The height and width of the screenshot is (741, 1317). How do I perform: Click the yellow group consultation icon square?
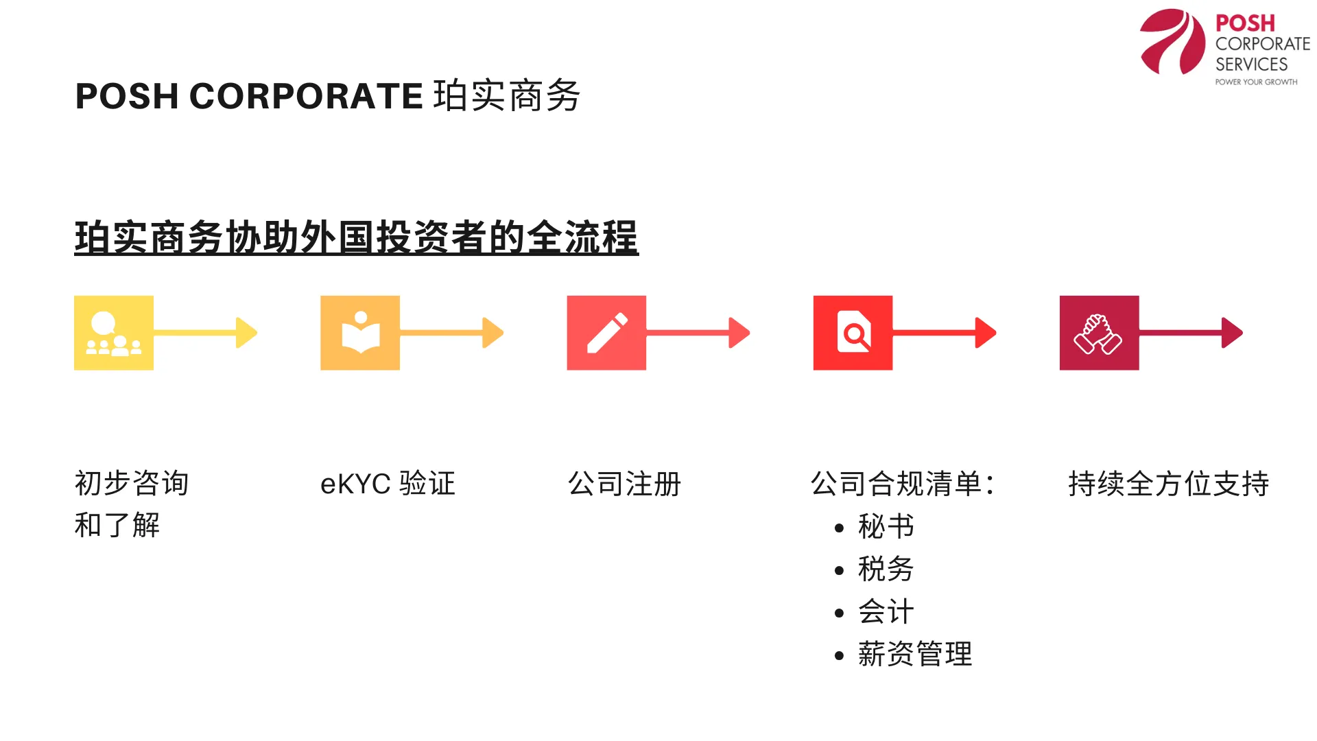pyautogui.click(x=114, y=333)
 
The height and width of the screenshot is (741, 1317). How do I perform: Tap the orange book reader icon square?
pyautogui.click(x=360, y=333)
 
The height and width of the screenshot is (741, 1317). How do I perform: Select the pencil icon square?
pyautogui.click(x=606, y=333)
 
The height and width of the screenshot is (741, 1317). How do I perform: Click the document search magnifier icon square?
pyautogui.click(x=853, y=333)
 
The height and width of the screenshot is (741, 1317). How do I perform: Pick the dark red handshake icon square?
pyautogui.click(x=1099, y=333)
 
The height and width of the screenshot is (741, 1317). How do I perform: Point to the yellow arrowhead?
pyautogui.click(x=246, y=333)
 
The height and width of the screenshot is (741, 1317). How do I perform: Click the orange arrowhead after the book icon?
pyautogui.click(x=493, y=333)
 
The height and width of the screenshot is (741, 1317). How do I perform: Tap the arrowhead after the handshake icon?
pyautogui.click(x=1232, y=333)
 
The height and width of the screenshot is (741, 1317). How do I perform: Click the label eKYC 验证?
pyautogui.click(x=388, y=484)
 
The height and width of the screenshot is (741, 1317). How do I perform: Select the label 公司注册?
pyautogui.click(x=624, y=484)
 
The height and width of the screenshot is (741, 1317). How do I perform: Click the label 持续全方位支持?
pyautogui.click(x=1168, y=484)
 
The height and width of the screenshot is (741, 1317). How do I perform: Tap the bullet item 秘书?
pyautogui.click(x=886, y=527)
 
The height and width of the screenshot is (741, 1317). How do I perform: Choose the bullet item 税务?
pyautogui.click(x=886, y=569)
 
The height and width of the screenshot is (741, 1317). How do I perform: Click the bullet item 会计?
pyautogui.click(x=886, y=612)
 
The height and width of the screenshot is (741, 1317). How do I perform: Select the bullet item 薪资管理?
pyautogui.click(x=914, y=655)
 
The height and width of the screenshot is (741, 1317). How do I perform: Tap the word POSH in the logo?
pyautogui.click(x=1245, y=23)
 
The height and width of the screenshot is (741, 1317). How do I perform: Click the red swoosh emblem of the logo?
pyautogui.click(x=1172, y=42)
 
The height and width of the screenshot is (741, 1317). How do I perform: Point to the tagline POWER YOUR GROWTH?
pyautogui.click(x=1256, y=82)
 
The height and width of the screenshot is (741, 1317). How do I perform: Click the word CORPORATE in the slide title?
pyautogui.click(x=306, y=96)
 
